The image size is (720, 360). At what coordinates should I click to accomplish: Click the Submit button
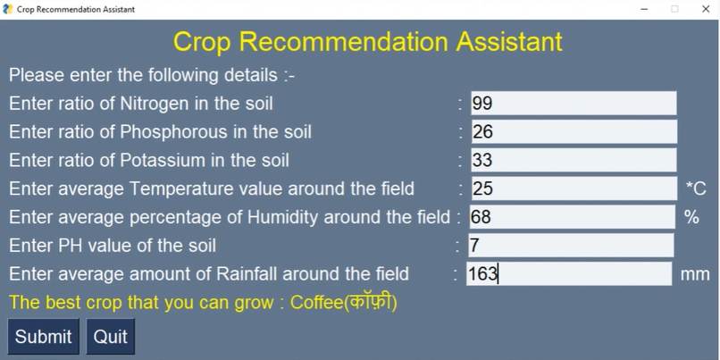pos(43,337)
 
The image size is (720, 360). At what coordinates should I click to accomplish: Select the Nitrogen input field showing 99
pos(573,104)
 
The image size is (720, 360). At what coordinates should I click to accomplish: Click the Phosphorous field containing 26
pos(573,132)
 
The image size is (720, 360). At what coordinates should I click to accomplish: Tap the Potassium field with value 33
pos(573,161)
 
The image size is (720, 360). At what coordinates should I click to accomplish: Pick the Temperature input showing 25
pos(573,188)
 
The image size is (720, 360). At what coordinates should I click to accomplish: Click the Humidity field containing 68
pos(572,217)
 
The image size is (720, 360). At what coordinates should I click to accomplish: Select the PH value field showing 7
pos(570,246)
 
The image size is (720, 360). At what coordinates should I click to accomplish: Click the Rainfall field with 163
pos(568,274)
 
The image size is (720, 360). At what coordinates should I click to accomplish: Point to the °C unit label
pos(696,188)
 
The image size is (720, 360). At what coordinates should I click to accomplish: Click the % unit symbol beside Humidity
pos(691,217)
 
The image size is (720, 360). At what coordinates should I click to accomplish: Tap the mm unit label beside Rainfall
pos(695,274)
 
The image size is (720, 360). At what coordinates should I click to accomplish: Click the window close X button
pos(704,9)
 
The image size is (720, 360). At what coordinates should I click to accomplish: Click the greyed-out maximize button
pos(674,9)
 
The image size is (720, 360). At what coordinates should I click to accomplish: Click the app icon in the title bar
pos(8,9)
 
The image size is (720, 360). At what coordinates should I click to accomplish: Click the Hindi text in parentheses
pos(370,303)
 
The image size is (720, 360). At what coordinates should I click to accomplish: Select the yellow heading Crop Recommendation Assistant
pos(367,42)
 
